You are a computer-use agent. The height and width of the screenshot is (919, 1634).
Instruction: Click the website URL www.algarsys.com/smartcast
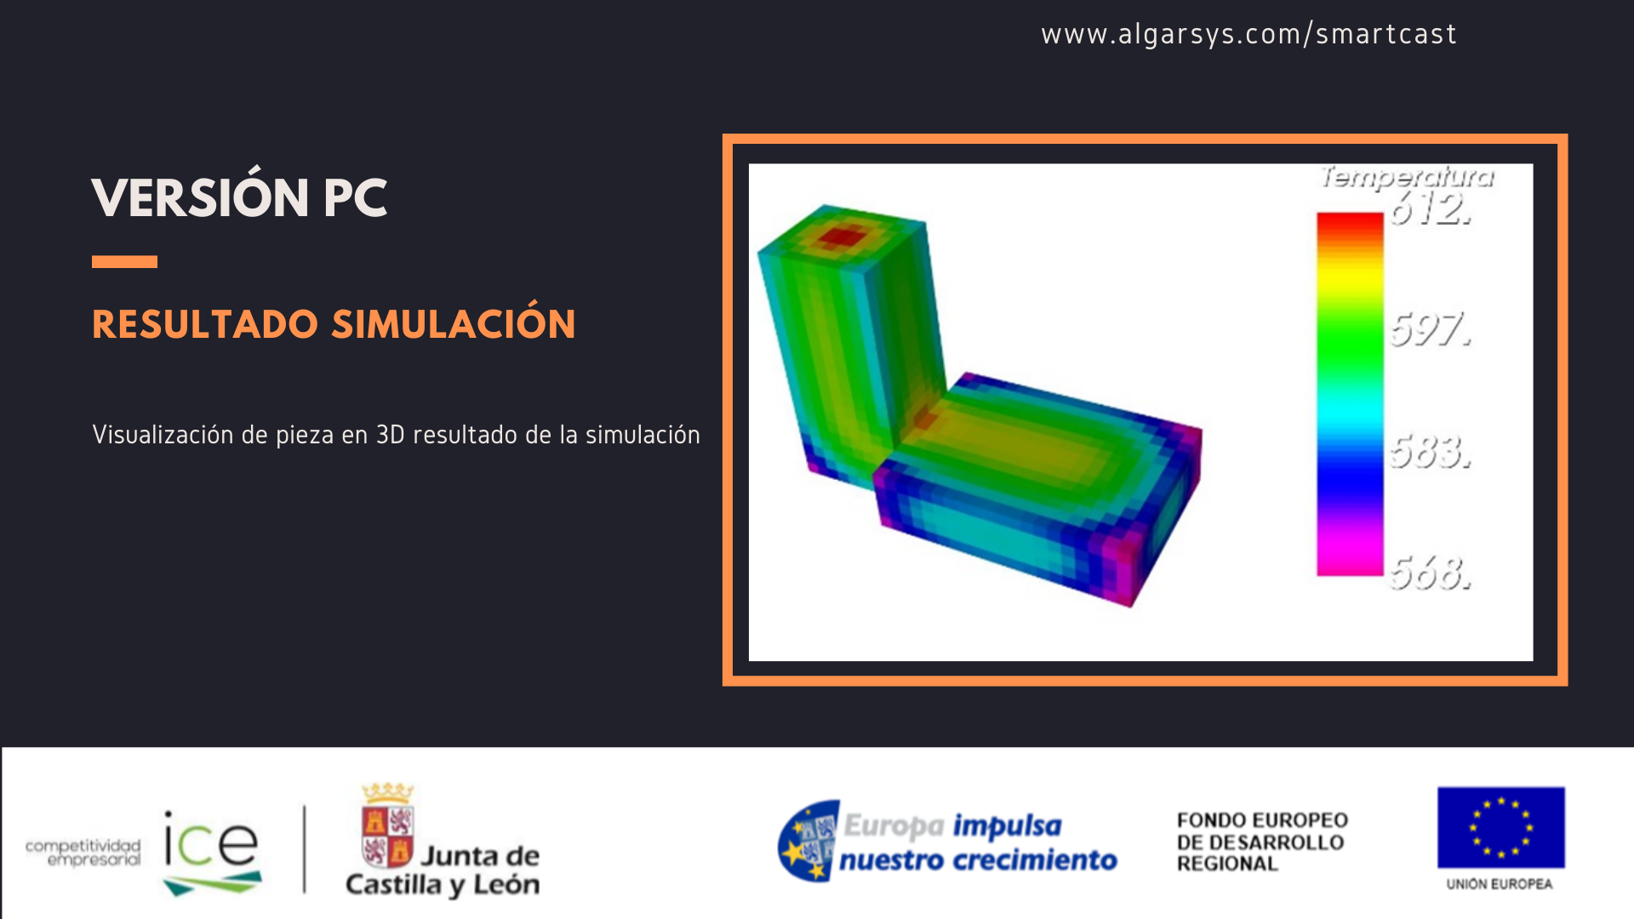(1248, 34)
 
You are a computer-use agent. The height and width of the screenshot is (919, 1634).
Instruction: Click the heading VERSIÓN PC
(239, 198)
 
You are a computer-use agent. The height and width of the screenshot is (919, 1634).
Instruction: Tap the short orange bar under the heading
(124, 262)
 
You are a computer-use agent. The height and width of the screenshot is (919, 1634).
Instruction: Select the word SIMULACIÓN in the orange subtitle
(454, 324)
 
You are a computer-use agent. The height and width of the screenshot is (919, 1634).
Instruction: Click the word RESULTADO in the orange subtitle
(205, 324)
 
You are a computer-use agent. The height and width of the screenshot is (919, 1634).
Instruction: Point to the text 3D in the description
(390, 435)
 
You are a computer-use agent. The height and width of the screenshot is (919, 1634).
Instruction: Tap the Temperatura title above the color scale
(1407, 177)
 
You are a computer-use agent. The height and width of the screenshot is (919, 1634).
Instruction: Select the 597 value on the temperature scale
(1431, 329)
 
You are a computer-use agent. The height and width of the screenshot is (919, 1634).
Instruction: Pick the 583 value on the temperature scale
(1431, 452)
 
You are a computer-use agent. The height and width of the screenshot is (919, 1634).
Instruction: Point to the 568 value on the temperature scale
(1431, 573)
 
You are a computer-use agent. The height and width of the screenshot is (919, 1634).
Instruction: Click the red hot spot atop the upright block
(841, 236)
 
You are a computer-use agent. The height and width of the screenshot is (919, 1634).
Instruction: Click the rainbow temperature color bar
(1350, 393)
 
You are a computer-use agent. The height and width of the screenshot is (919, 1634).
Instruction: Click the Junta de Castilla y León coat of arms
(387, 825)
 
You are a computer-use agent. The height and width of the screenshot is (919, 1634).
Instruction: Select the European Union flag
(1500, 827)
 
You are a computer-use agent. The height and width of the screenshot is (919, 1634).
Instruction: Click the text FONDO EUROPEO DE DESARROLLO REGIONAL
(1262, 842)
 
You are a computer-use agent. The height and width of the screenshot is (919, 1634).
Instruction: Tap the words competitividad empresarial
(83, 852)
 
